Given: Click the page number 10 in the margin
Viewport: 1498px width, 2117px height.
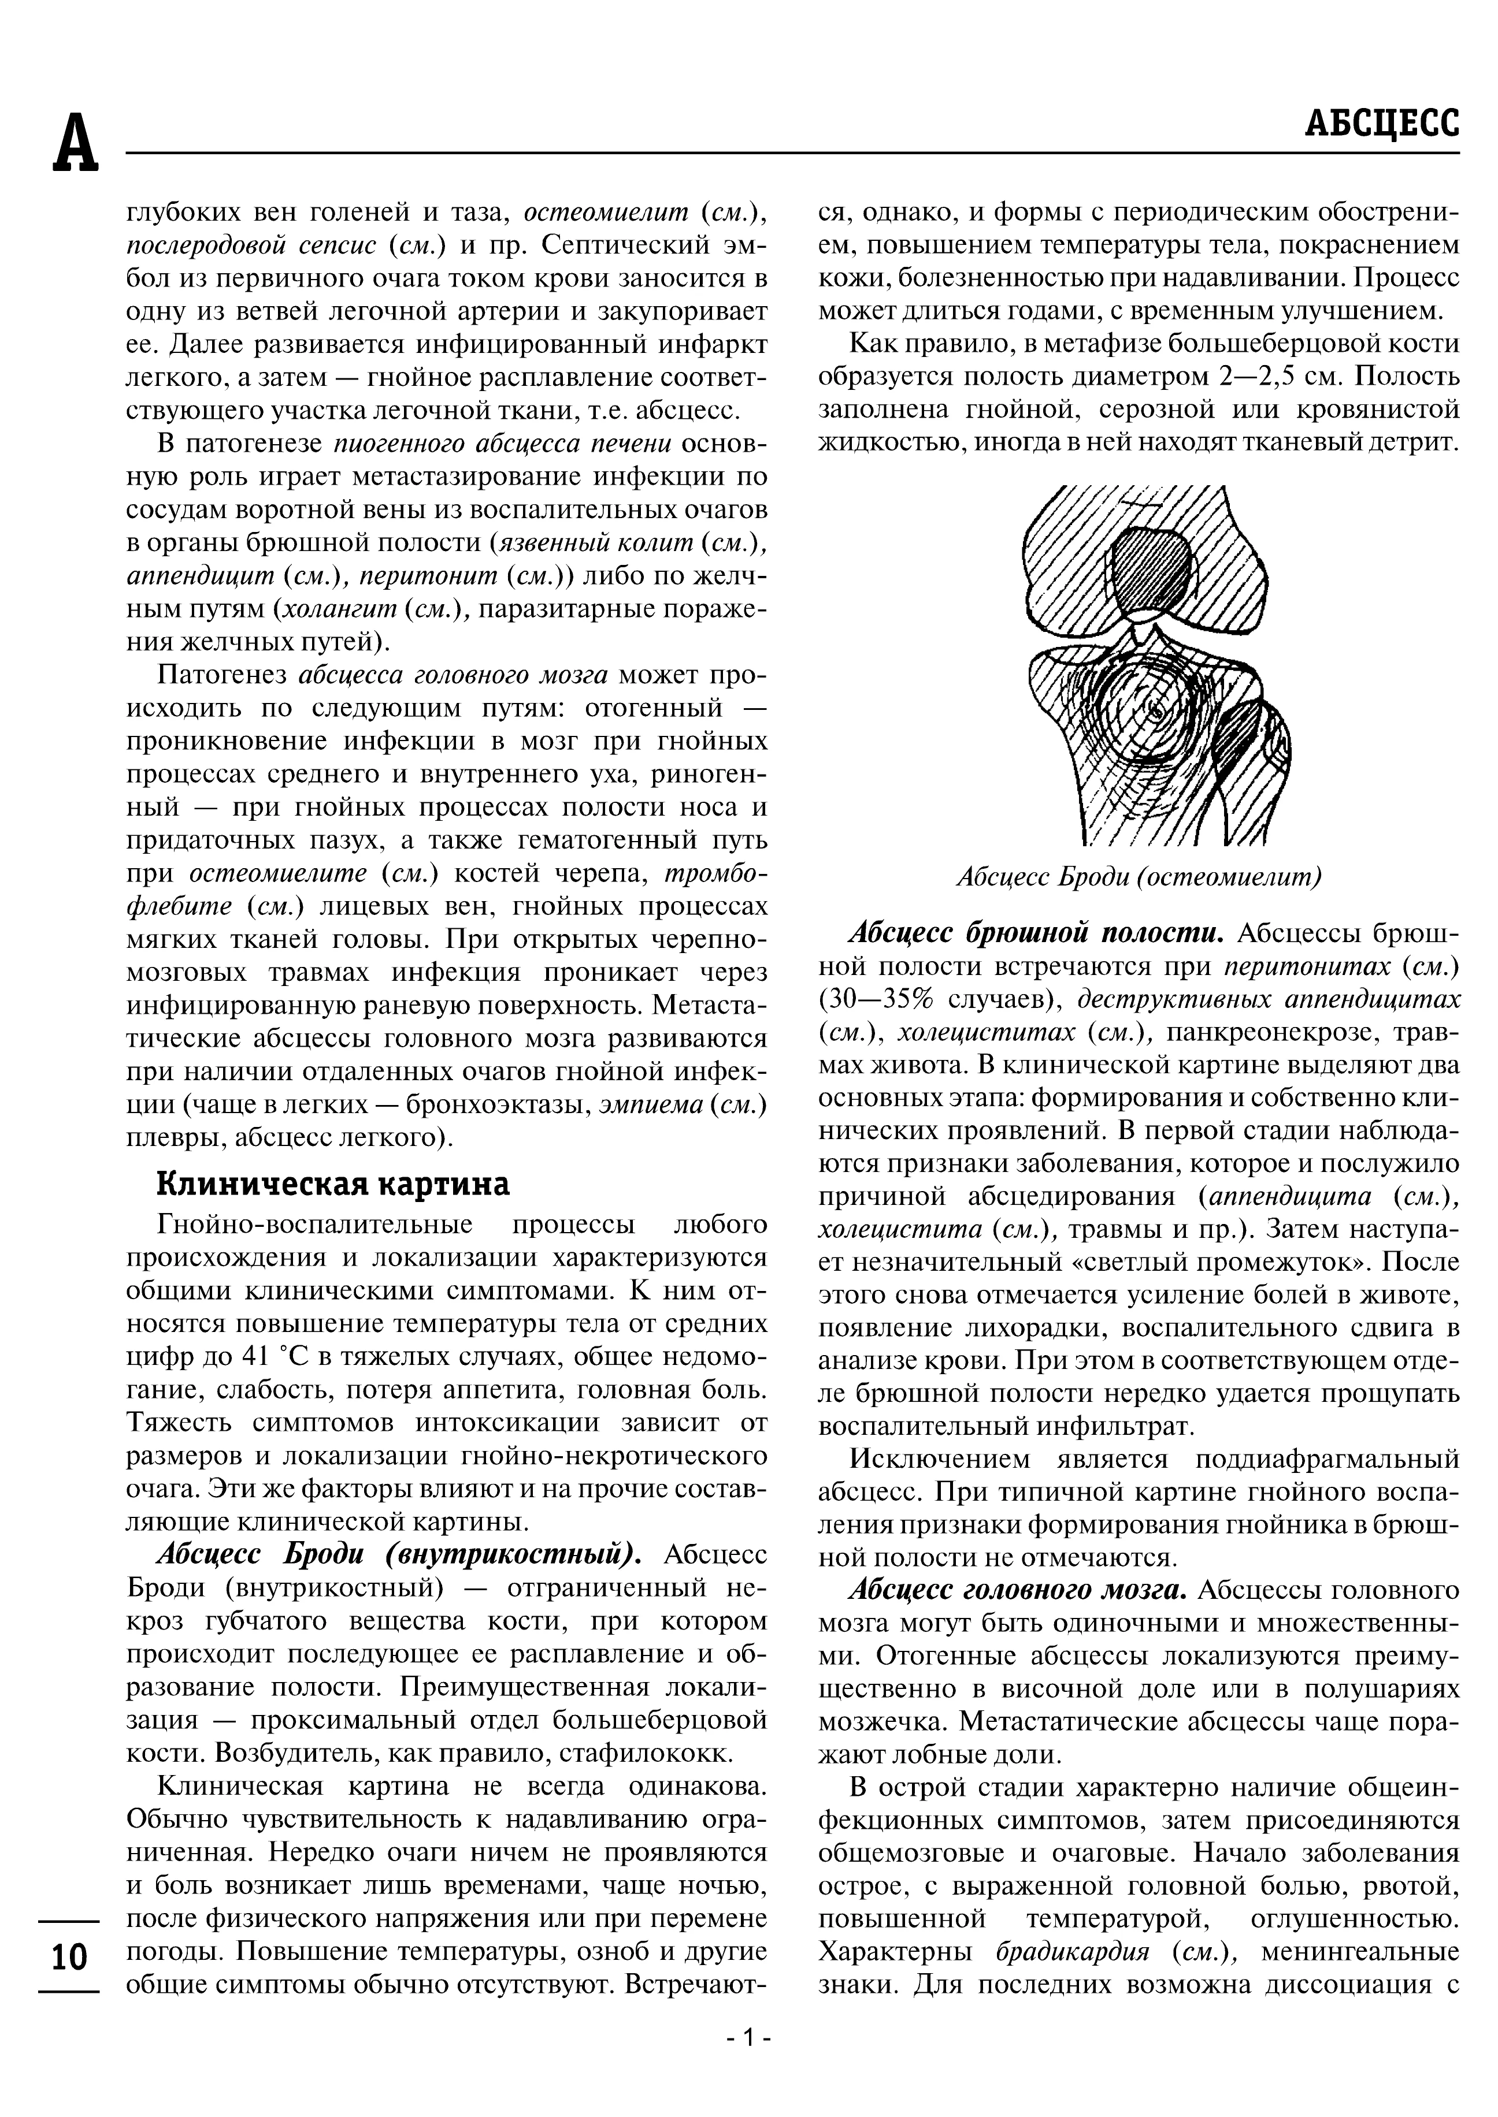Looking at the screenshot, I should [68, 1956].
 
